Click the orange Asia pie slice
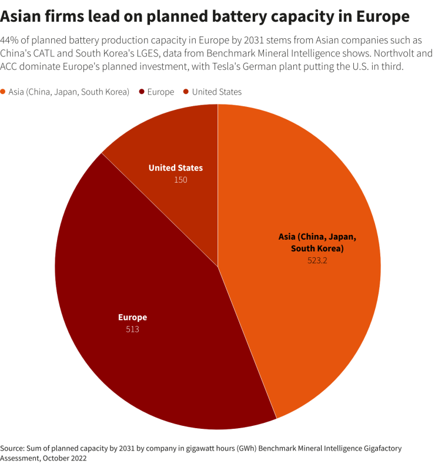click(312, 194)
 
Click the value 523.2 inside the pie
click(317, 260)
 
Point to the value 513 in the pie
click(132, 329)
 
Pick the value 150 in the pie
click(180, 180)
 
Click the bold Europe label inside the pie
click(132, 317)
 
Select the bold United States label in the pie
click(175, 168)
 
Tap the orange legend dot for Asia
click(4, 92)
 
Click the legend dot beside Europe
click(142, 92)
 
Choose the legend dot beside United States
click(186, 92)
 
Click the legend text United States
click(216, 92)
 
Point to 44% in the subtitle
click(11, 41)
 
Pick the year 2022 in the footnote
click(78, 458)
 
